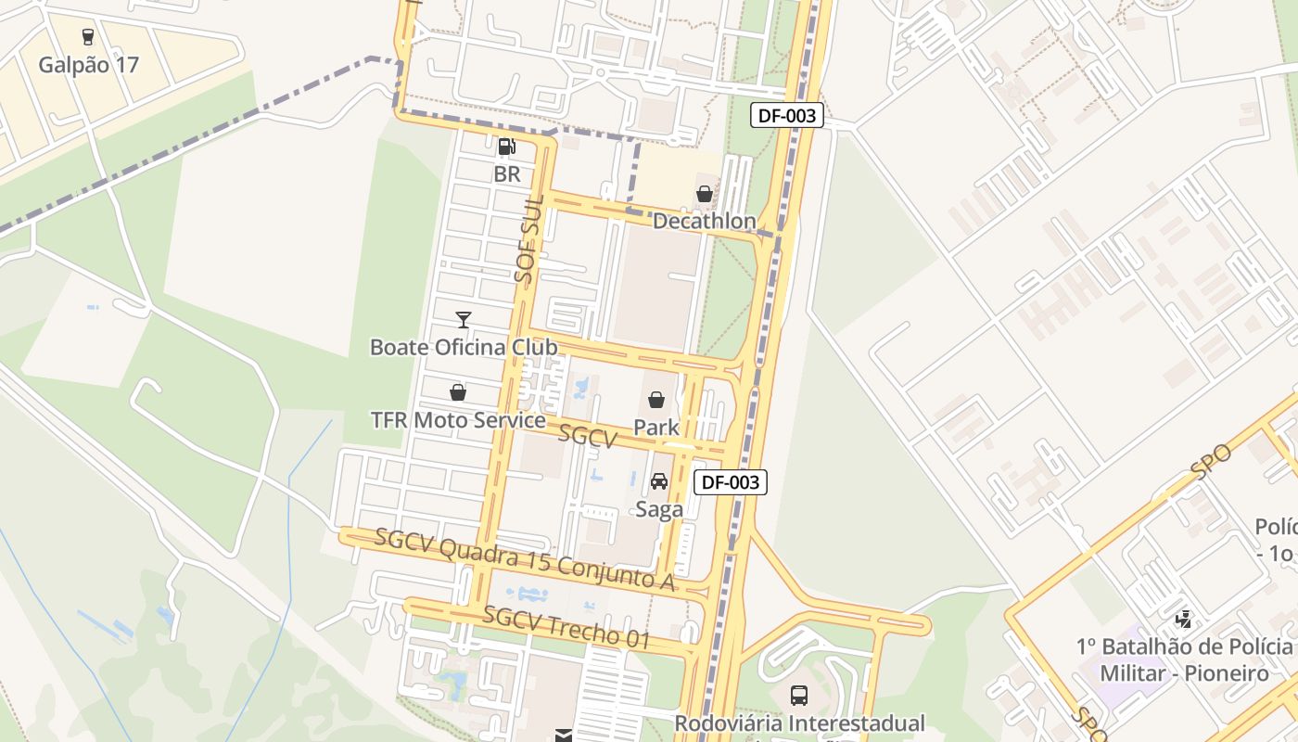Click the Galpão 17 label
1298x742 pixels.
click(88, 66)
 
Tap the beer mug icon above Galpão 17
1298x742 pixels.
click(88, 37)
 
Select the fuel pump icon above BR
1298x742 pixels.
click(506, 146)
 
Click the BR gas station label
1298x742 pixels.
click(506, 173)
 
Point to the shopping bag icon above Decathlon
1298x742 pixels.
click(705, 194)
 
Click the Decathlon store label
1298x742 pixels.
click(705, 222)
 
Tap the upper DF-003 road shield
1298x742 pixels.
click(786, 115)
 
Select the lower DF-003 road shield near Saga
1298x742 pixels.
click(731, 482)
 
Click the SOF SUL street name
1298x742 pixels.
click(528, 240)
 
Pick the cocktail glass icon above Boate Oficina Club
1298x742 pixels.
click(464, 320)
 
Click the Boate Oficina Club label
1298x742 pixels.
click(464, 348)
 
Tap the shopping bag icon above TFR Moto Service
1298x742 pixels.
click(457, 392)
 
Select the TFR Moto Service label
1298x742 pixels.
click(458, 420)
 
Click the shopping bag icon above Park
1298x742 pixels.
click(656, 400)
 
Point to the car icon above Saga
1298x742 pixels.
click(659, 481)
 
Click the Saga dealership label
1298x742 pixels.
click(659, 509)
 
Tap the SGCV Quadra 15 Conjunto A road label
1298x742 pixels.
click(524, 560)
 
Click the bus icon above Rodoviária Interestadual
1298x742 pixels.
click(798, 695)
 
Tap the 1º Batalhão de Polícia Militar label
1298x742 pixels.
click(1185, 659)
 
